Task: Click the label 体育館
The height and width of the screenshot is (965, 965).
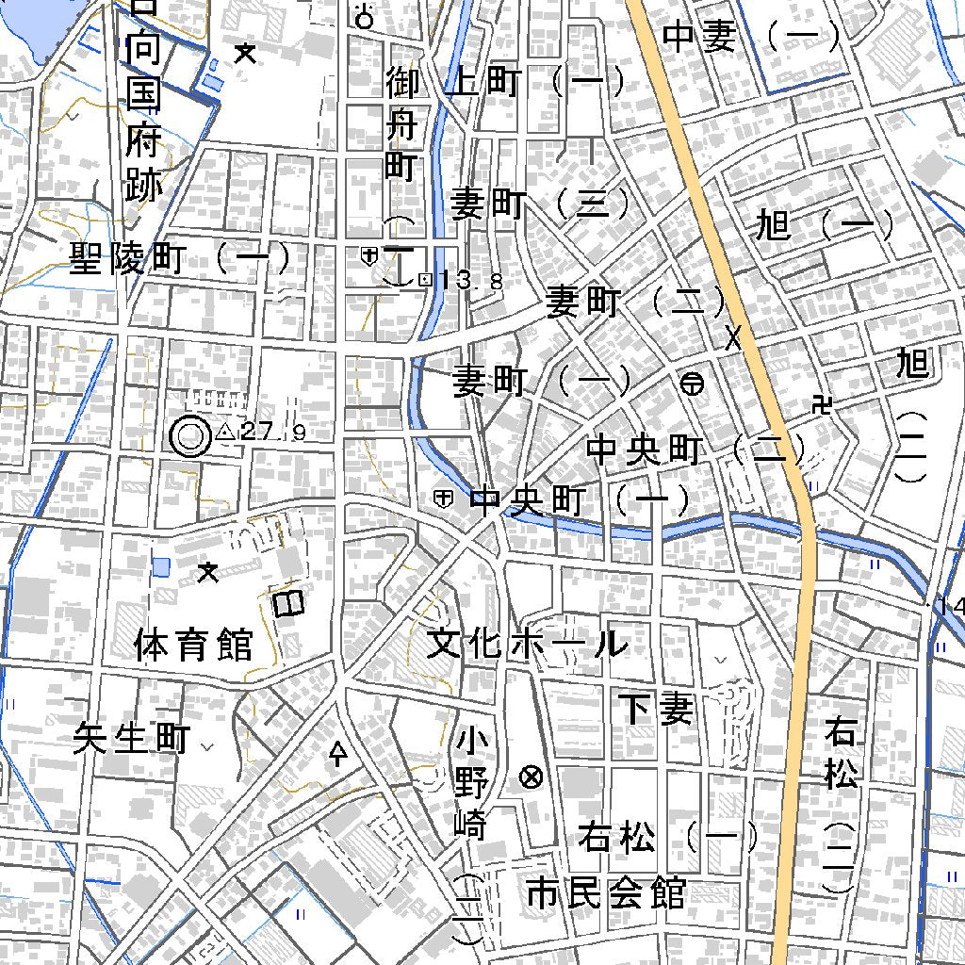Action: (x=193, y=646)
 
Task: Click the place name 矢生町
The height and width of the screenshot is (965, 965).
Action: (x=132, y=739)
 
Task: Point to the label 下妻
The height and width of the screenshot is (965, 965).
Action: (x=656, y=709)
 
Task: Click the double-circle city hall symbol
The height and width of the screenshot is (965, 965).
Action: (x=189, y=435)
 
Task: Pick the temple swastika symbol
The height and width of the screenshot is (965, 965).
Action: (x=825, y=405)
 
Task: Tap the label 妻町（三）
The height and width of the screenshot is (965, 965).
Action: (x=539, y=204)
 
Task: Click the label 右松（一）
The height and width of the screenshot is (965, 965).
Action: (x=668, y=837)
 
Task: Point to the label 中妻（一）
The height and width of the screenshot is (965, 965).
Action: (x=751, y=37)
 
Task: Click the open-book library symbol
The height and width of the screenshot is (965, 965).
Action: (x=288, y=603)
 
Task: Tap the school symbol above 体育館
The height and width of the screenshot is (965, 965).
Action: (x=208, y=571)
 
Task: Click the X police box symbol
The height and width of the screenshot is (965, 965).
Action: (x=733, y=337)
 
